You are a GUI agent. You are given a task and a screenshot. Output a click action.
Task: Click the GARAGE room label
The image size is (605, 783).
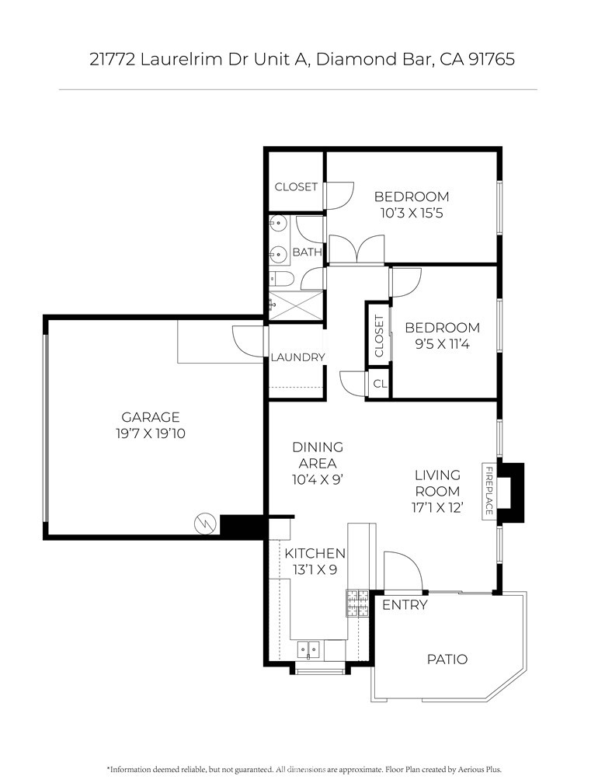pyautogui.click(x=150, y=417)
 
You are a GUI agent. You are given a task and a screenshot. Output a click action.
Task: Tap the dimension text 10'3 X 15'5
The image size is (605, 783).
pyautogui.click(x=412, y=213)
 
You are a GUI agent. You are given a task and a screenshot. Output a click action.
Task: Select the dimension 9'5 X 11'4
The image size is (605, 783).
pyautogui.click(x=442, y=344)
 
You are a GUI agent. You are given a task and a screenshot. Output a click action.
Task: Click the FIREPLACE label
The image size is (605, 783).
pyautogui.click(x=489, y=491)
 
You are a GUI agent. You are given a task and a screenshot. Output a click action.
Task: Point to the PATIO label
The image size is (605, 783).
pyautogui.click(x=447, y=659)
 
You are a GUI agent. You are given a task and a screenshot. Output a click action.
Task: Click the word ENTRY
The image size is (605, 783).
pyautogui.click(x=405, y=604)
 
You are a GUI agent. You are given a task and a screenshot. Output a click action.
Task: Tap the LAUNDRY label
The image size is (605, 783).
pyautogui.click(x=297, y=357)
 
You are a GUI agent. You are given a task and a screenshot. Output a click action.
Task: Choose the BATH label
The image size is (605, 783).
pyautogui.click(x=307, y=252)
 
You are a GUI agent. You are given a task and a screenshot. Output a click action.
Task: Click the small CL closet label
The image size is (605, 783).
pyautogui.click(x=380, y=384)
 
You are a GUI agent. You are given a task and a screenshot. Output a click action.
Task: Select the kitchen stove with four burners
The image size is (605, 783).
pyautogui.click(x=357, y=604)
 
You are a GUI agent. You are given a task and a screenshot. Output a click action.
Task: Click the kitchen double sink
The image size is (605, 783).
pyautogui.click(x=309, y=649)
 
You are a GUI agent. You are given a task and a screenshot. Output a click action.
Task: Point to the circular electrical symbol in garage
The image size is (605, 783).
pyautogui.click(x=205, y=524)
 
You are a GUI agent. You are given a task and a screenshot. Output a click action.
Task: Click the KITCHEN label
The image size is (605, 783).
pyautogui.click(x=315, y=553)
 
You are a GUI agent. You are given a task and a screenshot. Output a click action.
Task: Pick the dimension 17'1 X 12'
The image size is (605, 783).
pyautogui.click(x=437, y=508)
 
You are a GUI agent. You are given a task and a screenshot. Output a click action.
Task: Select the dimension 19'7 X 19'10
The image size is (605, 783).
pyautogui.click(x=150, y=433)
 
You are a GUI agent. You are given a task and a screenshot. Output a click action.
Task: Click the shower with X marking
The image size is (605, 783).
pyautogui.click(x=297, y=305)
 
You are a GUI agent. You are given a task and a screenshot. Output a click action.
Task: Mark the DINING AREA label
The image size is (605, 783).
pyautogui.click(x=318, y=455)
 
